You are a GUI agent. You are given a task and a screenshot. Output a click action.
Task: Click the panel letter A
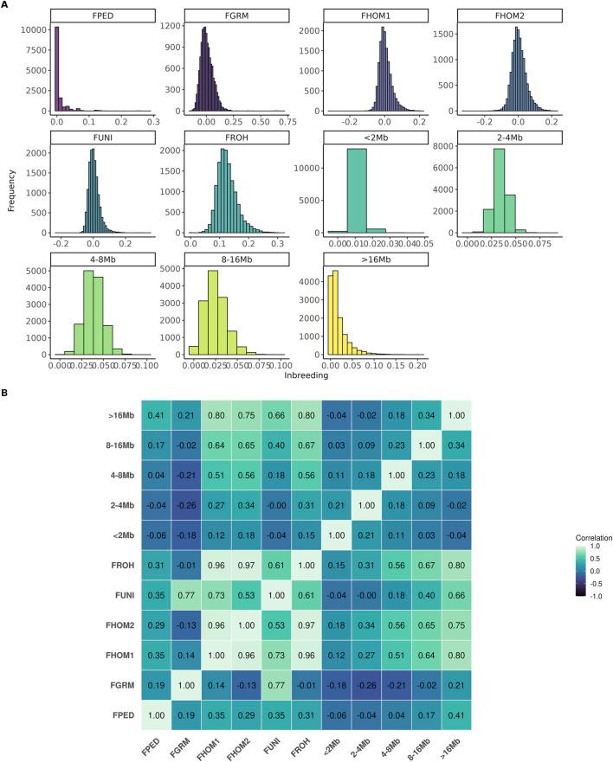click(x=6, y=6)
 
